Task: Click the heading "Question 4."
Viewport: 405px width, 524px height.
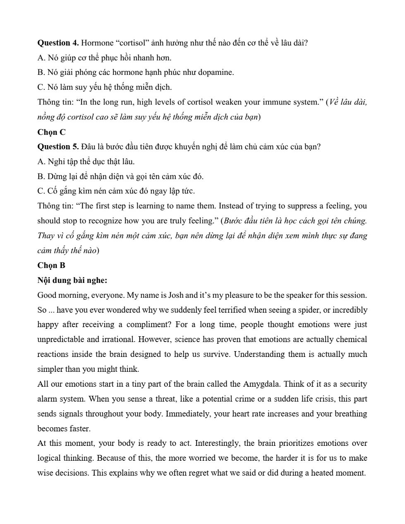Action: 58,43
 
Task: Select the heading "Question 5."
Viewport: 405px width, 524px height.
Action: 58,147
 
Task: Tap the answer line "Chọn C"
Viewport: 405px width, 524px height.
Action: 51,132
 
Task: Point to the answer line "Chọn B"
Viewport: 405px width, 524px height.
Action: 51,266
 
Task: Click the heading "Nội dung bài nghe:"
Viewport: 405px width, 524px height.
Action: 72,280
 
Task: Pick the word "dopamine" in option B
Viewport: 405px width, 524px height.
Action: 215,72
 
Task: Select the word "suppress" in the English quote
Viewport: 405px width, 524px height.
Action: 306,206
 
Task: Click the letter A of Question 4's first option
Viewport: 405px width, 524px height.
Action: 41,58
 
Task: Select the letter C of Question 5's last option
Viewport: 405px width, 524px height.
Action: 41,191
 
